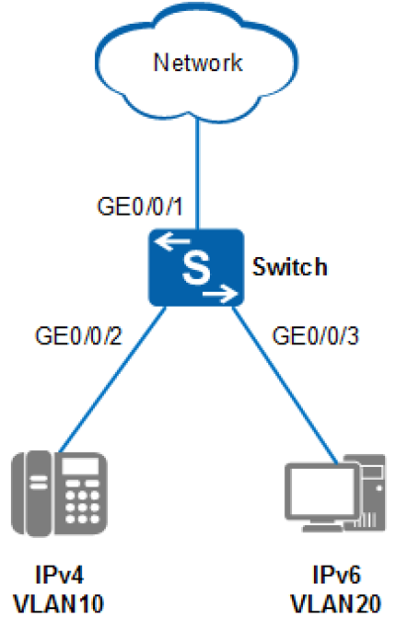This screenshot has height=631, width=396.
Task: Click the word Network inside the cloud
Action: (x=198, y=62)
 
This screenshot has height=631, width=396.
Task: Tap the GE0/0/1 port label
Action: (x=140, y=207)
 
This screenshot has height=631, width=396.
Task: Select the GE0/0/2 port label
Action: (x=78, y=335)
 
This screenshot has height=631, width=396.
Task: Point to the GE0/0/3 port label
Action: (x=315, y=335)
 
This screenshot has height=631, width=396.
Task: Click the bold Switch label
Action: (x=289, y=267)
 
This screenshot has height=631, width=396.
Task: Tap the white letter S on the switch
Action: (x=196, y=267)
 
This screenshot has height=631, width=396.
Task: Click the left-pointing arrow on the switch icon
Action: (x=172, y=241)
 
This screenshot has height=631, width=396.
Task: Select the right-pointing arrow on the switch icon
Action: (x=220, y=294)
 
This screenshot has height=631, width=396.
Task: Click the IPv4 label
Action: (x=59, y=575)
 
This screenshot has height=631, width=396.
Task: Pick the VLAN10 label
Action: (x=58, y=603)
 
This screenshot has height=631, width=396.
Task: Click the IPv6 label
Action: (x=337, y=575)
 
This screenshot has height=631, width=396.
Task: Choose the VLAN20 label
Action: (x=336, y=603)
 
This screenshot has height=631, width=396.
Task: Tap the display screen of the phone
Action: (x=80, y=467)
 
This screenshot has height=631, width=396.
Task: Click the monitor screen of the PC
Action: (x=322, y=491)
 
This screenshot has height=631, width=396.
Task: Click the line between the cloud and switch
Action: (x=197, y=174)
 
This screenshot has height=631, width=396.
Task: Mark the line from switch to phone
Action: (x=113, y=380)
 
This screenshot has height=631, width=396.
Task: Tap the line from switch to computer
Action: (x=284, y=385)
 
